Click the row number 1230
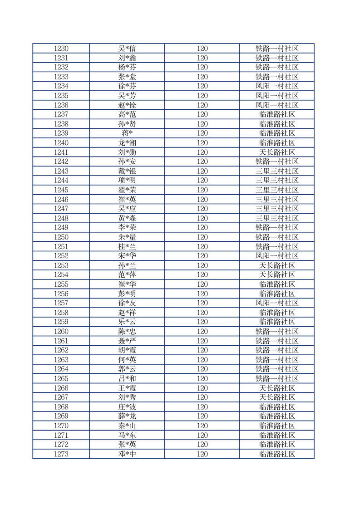(x=61, y=49)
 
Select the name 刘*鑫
(x=127, y=58)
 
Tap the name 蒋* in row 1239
(x=127, y=133)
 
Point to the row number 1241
(x=61, y=152)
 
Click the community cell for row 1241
(x=277, y=152)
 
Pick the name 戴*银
(x=127, y=171)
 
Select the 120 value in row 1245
(x=202, y=190)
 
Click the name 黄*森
(x=127, y=218)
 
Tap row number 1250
(x=61, y=237)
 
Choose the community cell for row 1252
(x=277, y=256)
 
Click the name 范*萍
(x=127, y=275)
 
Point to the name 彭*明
(x=127, y=294)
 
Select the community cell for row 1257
(x=277, y=303)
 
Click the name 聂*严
(x=127, y=341)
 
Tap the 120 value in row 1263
(x=202, y=360)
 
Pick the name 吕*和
(x=127, y=378)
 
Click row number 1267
(x=61, y=397)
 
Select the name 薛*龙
(x=127, y=416)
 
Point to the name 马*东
(x=127, y=435)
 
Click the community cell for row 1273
(x=277, y=454)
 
